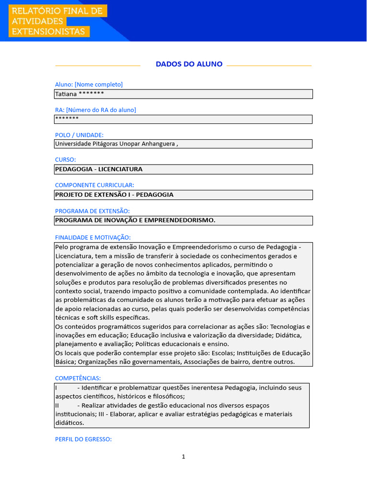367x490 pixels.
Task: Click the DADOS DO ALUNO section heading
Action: [x=189, y=64]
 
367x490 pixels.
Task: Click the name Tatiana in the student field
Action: [x=65, y=94]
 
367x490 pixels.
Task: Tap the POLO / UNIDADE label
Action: [x=79, y=135]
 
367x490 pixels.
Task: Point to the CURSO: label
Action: [x=65, y=159]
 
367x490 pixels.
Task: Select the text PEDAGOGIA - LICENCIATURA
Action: [x=98, y=169]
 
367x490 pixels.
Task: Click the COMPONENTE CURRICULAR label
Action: [x=95, y=185]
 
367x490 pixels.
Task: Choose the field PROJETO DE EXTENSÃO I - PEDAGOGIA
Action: [x=114, y=195]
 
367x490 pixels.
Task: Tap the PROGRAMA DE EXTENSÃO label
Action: [x=92, y=211]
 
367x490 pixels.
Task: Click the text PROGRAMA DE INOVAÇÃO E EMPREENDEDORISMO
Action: [x=135, y=220]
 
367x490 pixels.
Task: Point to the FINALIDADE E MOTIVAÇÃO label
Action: [x=93, y=237]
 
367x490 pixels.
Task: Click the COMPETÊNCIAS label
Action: [x=78, y=378]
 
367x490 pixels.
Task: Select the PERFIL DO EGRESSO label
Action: [x=83, y=439]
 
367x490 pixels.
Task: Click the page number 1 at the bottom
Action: [x=183, y=457]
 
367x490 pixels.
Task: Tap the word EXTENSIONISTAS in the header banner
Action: [x=49, y=32]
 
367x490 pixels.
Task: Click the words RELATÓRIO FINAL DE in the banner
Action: [x=57, y=11]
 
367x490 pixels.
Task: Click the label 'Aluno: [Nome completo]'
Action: [x=89, y=84]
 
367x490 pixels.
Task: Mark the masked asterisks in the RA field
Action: [x=67, y=118]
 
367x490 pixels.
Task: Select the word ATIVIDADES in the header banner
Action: [x=38, y=22]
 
